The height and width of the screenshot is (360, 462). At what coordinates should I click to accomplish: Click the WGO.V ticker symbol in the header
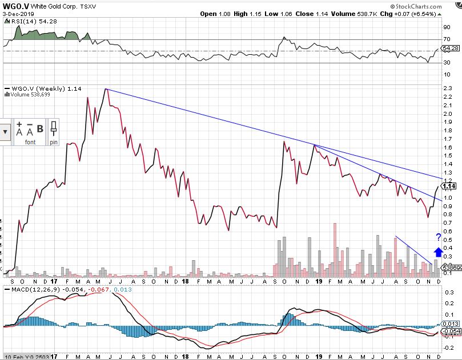click(15, 5)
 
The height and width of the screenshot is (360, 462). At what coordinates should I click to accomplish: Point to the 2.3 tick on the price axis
click(447, 88)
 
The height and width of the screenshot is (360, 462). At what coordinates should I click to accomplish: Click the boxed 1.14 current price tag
click(448, 186)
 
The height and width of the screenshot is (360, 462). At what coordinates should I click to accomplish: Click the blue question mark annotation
click(439, 237)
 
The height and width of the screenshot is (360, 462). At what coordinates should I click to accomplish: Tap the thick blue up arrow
click(438, 252)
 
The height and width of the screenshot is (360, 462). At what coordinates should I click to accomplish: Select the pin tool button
click(53, 132)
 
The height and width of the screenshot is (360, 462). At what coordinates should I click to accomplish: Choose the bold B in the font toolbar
click(40, 129)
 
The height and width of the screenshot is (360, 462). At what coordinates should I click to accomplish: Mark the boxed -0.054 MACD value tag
click(451, 331)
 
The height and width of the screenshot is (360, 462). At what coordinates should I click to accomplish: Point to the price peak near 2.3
click(106, 89)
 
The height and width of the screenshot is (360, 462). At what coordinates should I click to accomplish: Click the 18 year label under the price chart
click(185, 280)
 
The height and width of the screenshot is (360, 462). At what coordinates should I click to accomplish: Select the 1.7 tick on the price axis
click(447, 139)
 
